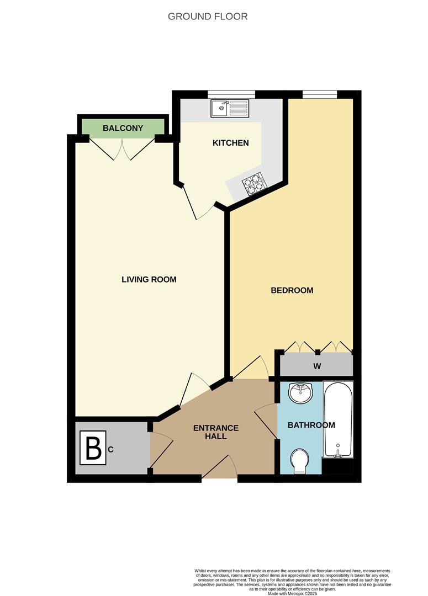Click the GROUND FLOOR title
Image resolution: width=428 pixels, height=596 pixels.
(208, 17)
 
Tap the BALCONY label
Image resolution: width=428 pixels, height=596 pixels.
(123, 128)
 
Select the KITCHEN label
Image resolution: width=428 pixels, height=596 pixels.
(231, 143)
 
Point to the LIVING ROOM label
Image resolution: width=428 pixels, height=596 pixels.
(149, 279)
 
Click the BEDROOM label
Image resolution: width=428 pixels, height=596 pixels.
(292, 290)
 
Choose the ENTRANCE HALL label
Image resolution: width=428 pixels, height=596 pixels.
(216, 432)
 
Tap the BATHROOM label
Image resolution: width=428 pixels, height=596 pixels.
(311, 425)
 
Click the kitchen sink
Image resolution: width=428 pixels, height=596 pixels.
(230, 108)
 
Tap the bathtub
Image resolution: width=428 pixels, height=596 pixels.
(338, 419)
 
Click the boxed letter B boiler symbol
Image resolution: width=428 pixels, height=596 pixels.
(93, 449)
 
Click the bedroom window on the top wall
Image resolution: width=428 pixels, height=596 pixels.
(320, 94)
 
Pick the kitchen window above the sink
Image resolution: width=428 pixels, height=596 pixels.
(231, 94)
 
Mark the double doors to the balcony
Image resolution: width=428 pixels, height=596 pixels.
(122, 148)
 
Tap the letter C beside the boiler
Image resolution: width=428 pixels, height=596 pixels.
(111, 450)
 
